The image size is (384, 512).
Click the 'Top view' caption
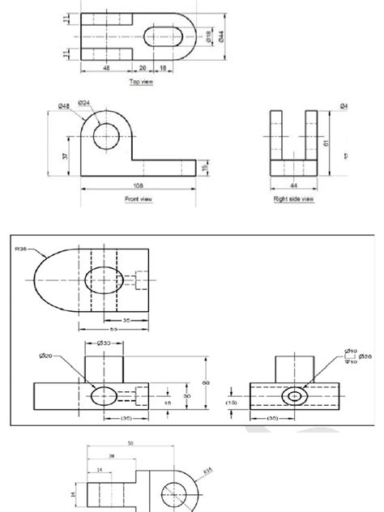point(141,82)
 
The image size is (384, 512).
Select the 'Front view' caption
point(139,198)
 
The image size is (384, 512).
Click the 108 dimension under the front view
point(139,186)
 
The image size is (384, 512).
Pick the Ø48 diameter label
point(63,106)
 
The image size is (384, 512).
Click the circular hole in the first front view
point(106,136)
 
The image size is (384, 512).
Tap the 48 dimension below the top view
point(107,69)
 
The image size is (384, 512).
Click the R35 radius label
point(20,250)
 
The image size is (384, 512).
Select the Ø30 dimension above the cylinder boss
point(105,343)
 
